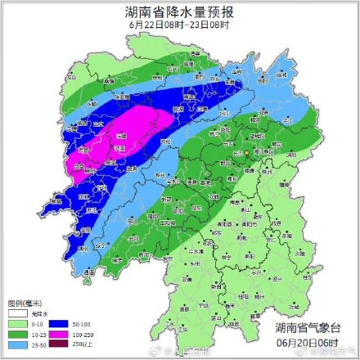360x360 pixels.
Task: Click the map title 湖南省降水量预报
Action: [x=180, y=12]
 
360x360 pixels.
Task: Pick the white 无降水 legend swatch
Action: [x=17, y=314]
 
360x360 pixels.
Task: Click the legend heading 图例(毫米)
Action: [x=25, y=303]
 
